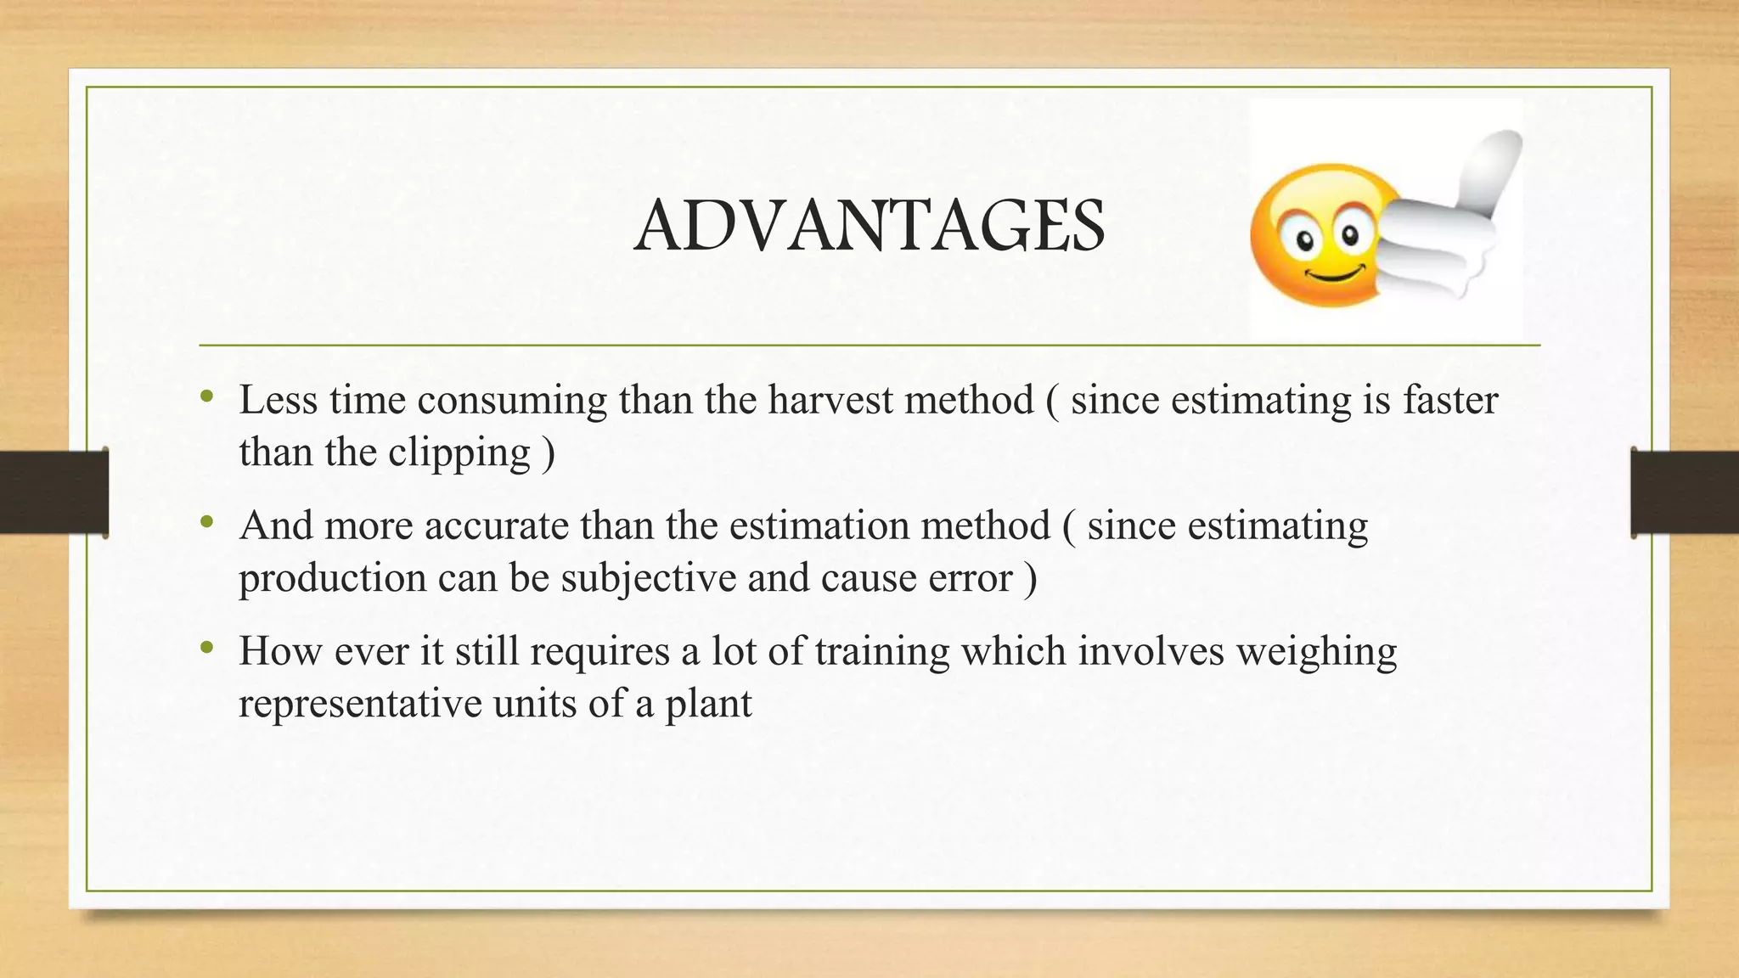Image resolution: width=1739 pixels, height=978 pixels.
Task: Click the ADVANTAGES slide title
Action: (869, 226)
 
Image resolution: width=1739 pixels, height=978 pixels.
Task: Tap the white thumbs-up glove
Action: (1452, 221)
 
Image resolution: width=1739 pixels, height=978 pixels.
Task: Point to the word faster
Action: (1449, 400)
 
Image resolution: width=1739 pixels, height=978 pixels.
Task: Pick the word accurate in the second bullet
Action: (496, 526)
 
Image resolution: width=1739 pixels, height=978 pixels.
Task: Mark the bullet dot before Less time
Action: (206, 396)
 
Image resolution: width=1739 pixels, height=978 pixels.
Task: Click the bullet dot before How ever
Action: (206, 649)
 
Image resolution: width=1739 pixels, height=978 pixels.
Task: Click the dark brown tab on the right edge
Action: (1685, 492)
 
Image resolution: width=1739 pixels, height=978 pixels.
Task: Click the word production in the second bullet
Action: (332, 579)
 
